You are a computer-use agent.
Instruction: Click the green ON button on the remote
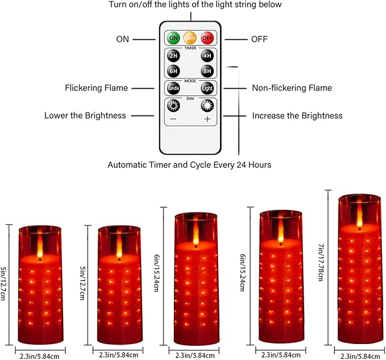(x=173, y=39)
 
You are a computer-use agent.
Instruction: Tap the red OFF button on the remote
(x=207, y=39)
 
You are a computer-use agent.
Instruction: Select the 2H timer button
(x=173, y=57)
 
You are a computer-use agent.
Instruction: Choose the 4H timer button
(x=206, y=57)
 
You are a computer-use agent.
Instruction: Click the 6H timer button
(x=173, y=72)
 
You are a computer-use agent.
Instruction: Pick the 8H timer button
(x=206, y=72)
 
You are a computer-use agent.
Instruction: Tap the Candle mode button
(x=173, y=89)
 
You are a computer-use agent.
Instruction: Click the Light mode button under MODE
(x=206, y=89)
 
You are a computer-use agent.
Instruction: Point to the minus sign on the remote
(x=173, y=119)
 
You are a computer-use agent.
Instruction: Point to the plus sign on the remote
(x=207, y=119)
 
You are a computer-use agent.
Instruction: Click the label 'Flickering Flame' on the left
(x=96, y=88)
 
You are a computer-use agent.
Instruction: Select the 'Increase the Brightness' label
(x=297, y=115)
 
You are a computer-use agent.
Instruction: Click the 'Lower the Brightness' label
(x=85, y=115)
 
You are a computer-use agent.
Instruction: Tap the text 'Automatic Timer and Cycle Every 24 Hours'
(x=189, y=165)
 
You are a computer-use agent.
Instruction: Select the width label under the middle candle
(x=196, y=355)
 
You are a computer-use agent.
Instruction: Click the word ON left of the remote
(x=123, y=39)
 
